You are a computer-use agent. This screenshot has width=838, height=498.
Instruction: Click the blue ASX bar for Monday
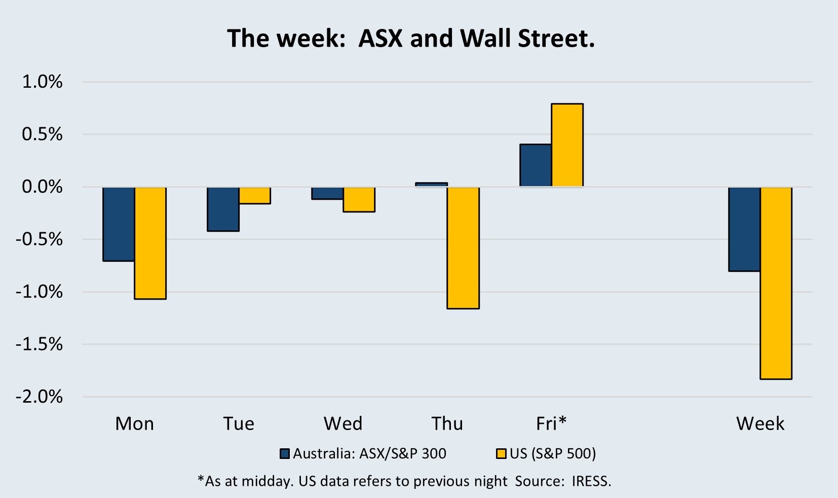[119, 224]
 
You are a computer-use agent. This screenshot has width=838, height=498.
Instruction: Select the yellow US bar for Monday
[150, 243]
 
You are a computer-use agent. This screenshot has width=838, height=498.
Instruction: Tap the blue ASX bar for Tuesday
[223, 209]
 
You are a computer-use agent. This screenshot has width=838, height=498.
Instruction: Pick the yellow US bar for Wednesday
[359, 199]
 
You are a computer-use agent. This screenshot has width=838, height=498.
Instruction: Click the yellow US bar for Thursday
[463, 247]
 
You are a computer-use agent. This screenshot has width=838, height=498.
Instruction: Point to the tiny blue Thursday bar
[432, 185]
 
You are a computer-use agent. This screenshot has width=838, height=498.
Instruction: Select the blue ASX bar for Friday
[536, 165]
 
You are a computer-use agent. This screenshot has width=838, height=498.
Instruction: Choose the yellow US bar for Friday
[567, 145]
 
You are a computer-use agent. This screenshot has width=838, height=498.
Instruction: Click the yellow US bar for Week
[776, 283]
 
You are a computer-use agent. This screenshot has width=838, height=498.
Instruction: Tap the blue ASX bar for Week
[744, 229]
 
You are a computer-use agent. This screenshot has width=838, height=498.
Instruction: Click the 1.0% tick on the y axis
[43, 82]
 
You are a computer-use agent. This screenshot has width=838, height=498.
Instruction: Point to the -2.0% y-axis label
[40, 397]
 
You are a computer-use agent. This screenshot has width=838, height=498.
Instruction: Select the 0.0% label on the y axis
[43, 187]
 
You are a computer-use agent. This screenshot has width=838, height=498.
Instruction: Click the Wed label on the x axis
[343, 423]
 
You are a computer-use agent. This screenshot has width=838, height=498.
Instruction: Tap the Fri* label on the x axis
[551, 423]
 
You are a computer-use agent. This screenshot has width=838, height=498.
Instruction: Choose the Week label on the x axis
[760, 423]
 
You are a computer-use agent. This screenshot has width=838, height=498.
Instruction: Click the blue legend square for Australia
[285, 453]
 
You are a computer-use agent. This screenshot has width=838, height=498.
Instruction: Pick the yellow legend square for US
[501, 453]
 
